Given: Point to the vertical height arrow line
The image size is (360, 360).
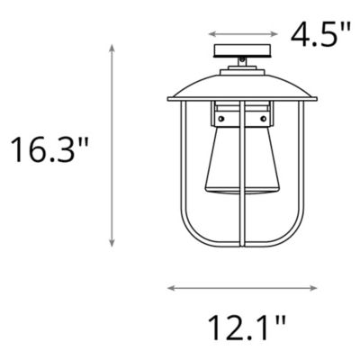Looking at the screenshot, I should (112, 143).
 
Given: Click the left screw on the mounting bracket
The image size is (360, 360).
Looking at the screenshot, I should (220, 116).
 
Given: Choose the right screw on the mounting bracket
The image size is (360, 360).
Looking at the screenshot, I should (264, 116).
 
